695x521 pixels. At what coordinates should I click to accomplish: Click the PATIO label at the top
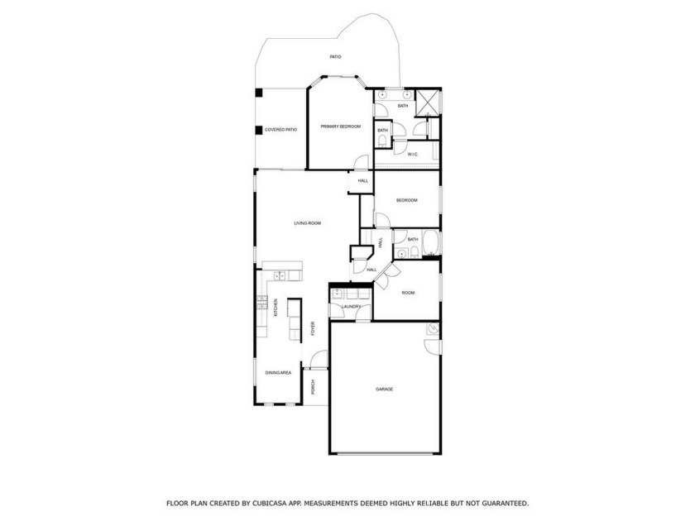(335, 57)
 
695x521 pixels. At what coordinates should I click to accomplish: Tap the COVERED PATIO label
(280, 130)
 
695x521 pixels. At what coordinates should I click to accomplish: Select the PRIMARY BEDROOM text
(341, 127)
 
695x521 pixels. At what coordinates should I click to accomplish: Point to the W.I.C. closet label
(412, 153)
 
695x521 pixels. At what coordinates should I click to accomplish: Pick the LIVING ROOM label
(308, 223)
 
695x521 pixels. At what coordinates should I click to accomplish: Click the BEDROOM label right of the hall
(406, 200)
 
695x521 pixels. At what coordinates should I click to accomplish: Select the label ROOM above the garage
(408, 293)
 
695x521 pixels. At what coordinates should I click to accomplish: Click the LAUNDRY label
(350, 307)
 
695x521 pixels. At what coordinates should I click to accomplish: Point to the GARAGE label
(384, 389)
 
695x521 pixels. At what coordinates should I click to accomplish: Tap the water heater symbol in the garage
(433, 330)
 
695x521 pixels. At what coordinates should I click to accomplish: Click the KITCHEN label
(276, 308)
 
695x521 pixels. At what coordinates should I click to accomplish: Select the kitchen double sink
(280, 275)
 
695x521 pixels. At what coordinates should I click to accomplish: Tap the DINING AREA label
(278, 373)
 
